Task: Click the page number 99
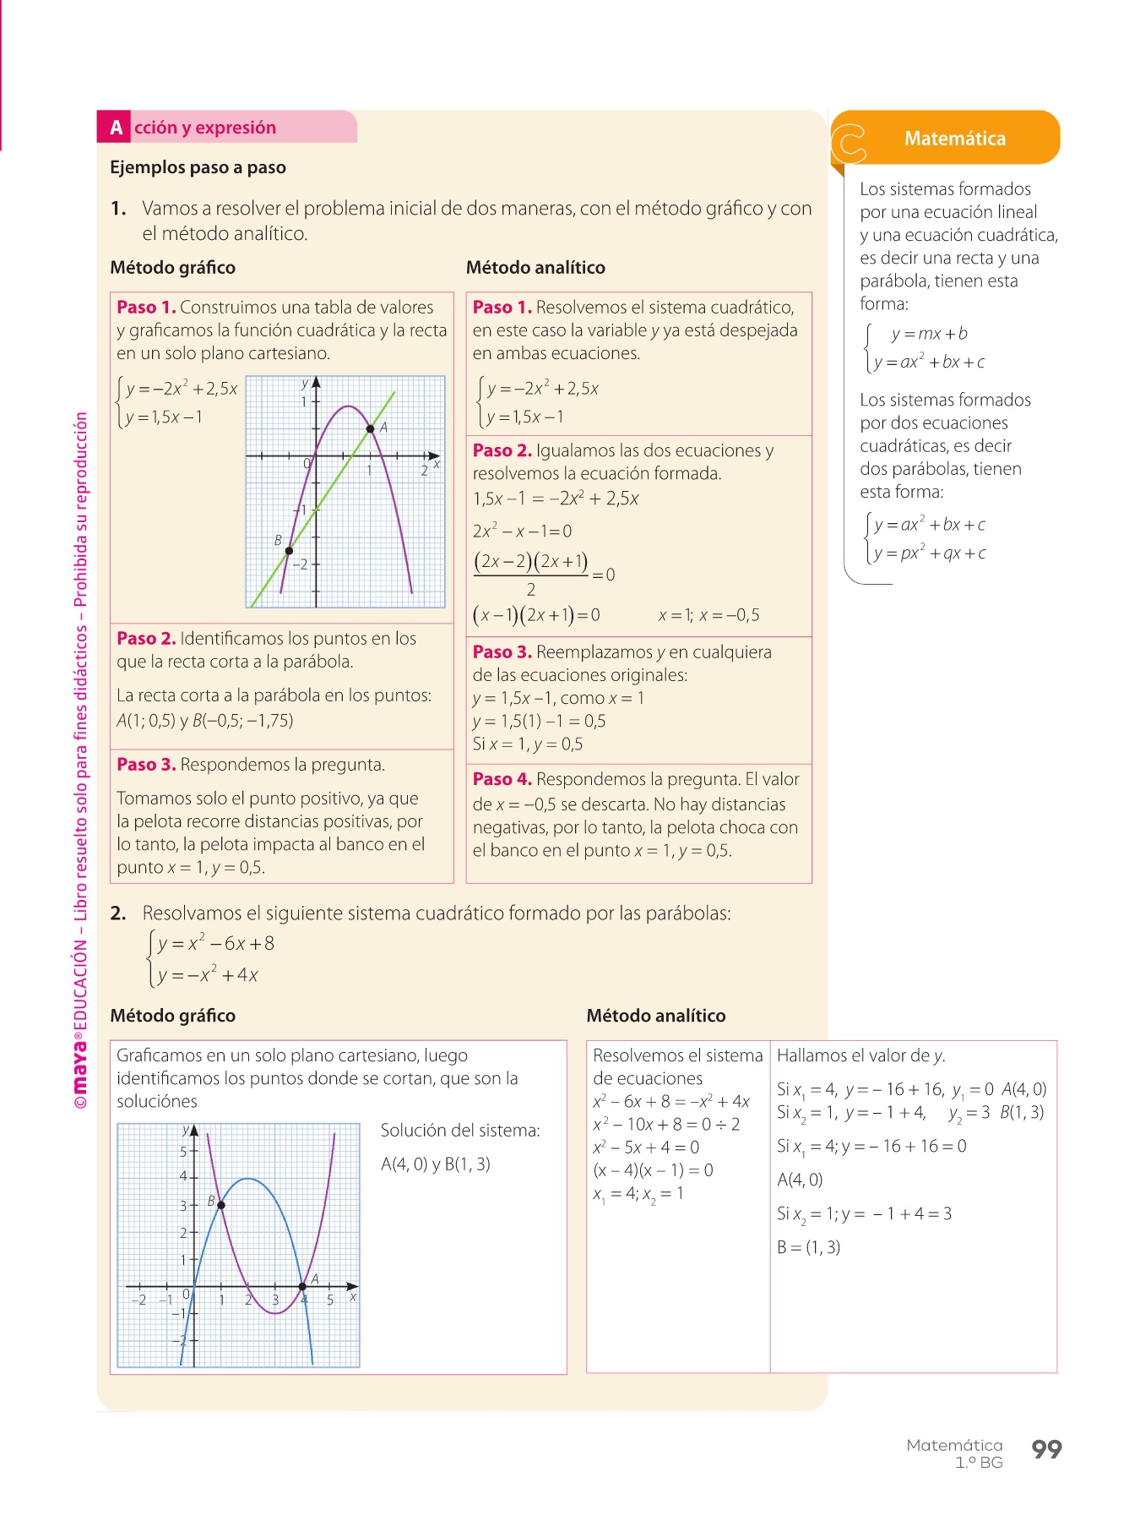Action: [1046, 1449]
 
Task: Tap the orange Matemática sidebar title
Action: [954, 139]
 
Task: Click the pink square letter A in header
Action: [116, 128]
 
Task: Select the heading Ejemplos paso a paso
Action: [198, 167]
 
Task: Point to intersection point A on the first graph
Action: [370, 429]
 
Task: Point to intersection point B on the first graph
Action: [289, 551]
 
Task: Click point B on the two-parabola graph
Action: [221, 1205]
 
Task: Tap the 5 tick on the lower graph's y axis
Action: [184, 1152]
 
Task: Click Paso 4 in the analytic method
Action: [502, 779]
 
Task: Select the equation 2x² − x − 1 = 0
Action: [522, 532]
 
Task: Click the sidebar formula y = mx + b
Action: [929, 334]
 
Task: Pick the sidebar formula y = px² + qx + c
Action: [929, 553]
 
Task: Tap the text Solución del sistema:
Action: [460, 1131]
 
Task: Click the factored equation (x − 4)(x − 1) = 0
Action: [653, 1170]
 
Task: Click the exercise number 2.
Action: [118, 913]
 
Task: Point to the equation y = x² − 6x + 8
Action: [215, 944]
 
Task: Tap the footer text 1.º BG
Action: [979, 1463]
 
